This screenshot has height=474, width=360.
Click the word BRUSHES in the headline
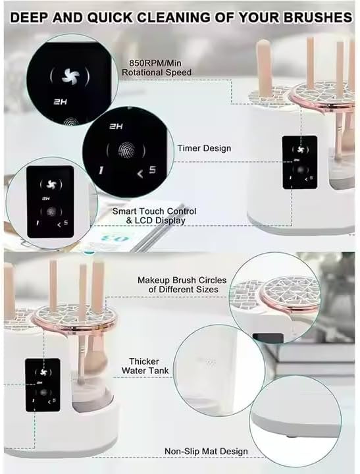point(318,17)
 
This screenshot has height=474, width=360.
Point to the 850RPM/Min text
point(155,63)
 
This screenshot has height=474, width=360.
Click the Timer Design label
point(204,148)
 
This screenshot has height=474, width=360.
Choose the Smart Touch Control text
point(154,211)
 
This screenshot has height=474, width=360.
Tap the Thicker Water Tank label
point(145,366)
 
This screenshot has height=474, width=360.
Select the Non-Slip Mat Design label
point(206,452)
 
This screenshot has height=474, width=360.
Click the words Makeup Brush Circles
point(182,280)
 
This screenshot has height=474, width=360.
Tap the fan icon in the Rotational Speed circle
point(70,76)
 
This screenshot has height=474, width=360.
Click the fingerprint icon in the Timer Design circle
point(126,150)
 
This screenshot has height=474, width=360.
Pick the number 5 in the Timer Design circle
point(152,170)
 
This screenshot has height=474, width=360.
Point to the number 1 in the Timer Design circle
point(101,171)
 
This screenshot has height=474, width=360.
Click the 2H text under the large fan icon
point(60,102)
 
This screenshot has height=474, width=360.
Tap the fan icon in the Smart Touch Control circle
point(51,184)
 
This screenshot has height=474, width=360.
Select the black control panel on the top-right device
point(300,163)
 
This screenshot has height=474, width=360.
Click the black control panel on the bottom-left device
point(43,385)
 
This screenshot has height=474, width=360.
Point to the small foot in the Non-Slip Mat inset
point(290,436)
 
